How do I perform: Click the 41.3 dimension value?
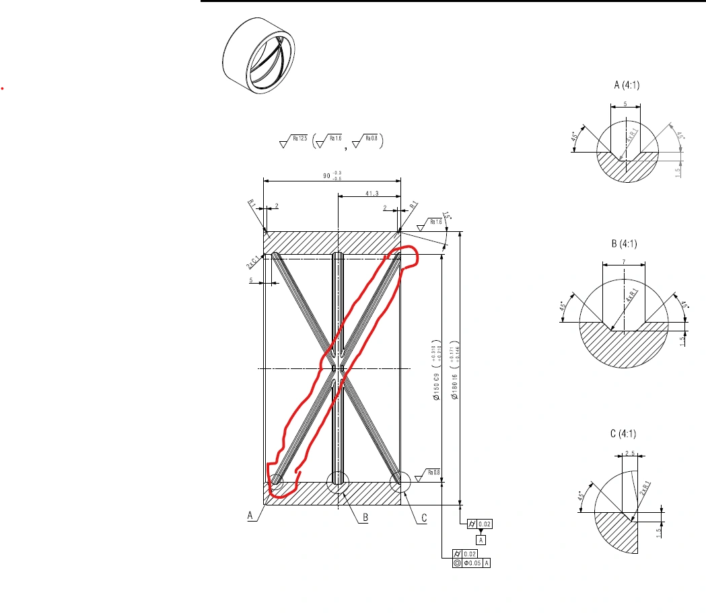tap(353, 193)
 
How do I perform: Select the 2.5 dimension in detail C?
tap(630, 453)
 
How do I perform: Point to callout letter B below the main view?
tap(365, 517)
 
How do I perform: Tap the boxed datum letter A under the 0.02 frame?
tap(481, 540)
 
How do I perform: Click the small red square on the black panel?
tap(3, 88)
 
